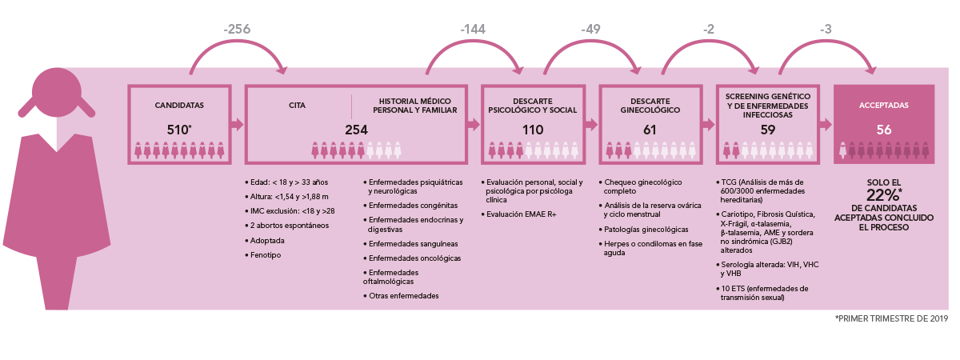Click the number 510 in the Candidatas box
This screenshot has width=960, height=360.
tap(177, 130)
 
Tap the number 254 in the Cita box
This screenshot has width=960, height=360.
tap(356, 130)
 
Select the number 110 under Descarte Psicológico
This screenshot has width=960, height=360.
tap(533, 130)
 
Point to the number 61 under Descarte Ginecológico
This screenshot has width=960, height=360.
tap(650, 130)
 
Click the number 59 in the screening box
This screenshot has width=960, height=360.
tap(767, 130)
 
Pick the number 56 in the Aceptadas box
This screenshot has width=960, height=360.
tap(884, 130)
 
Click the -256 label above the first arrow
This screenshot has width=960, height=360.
tap(237, 29)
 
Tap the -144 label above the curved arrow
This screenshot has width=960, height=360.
tap(473, 29)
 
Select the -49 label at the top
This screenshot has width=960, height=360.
tap(590, 29)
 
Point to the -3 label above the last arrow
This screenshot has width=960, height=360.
tap(826, 29)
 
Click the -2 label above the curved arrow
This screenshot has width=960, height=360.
tap(709, 29)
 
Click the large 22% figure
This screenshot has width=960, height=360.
tap(882, 195)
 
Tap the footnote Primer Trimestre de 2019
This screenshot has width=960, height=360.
tap(891, 319)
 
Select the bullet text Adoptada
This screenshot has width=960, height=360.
tap(267, 241)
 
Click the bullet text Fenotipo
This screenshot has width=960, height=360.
tap(266, 255)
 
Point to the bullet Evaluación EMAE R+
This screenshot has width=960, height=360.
tap(521, 214)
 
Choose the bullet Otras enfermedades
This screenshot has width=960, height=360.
tap(404, 296)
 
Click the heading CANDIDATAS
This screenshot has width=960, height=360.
tap(179, 106)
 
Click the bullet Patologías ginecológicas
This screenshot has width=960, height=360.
tap(646, 230)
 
